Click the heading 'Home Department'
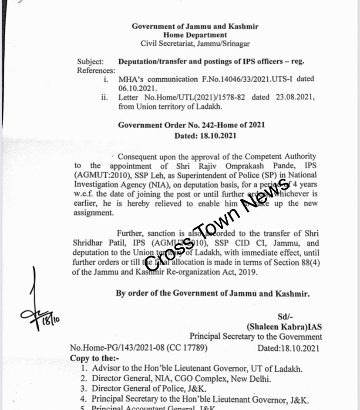point(195,35)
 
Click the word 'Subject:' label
point(91,62)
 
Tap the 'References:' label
point(96,70)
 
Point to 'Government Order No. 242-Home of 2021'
point(192,125)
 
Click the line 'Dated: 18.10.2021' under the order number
point(205,136)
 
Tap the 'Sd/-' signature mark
point(285,317)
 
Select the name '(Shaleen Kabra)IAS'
point(284,327)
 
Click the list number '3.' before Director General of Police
point(84,389)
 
